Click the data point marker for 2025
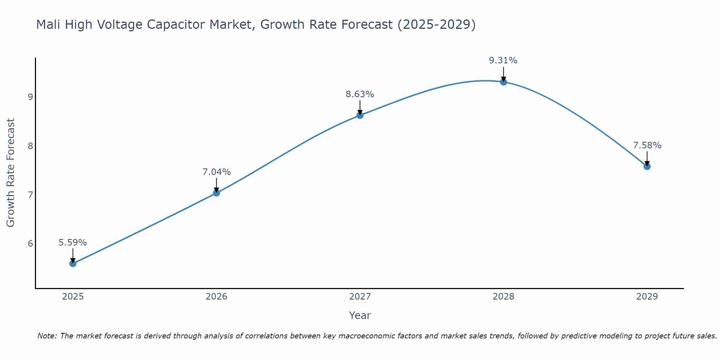(73, 264)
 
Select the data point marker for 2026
(216, 193)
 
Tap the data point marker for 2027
(360, 115)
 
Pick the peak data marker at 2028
(504, 82)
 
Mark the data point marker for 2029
(647, 166)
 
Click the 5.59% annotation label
(73, 243)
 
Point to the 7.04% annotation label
(216, 172)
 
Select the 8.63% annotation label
(360, 94)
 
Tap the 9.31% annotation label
(503, 60)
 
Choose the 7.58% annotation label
(647, 145)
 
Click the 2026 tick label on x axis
(216, 297)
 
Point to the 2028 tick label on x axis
(504, 297)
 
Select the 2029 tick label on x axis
(647, 297)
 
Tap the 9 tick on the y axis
(30, 97)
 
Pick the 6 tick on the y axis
(30, 244)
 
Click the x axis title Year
(360, 315)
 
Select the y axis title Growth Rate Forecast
(11, 173)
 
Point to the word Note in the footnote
(47, 336)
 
